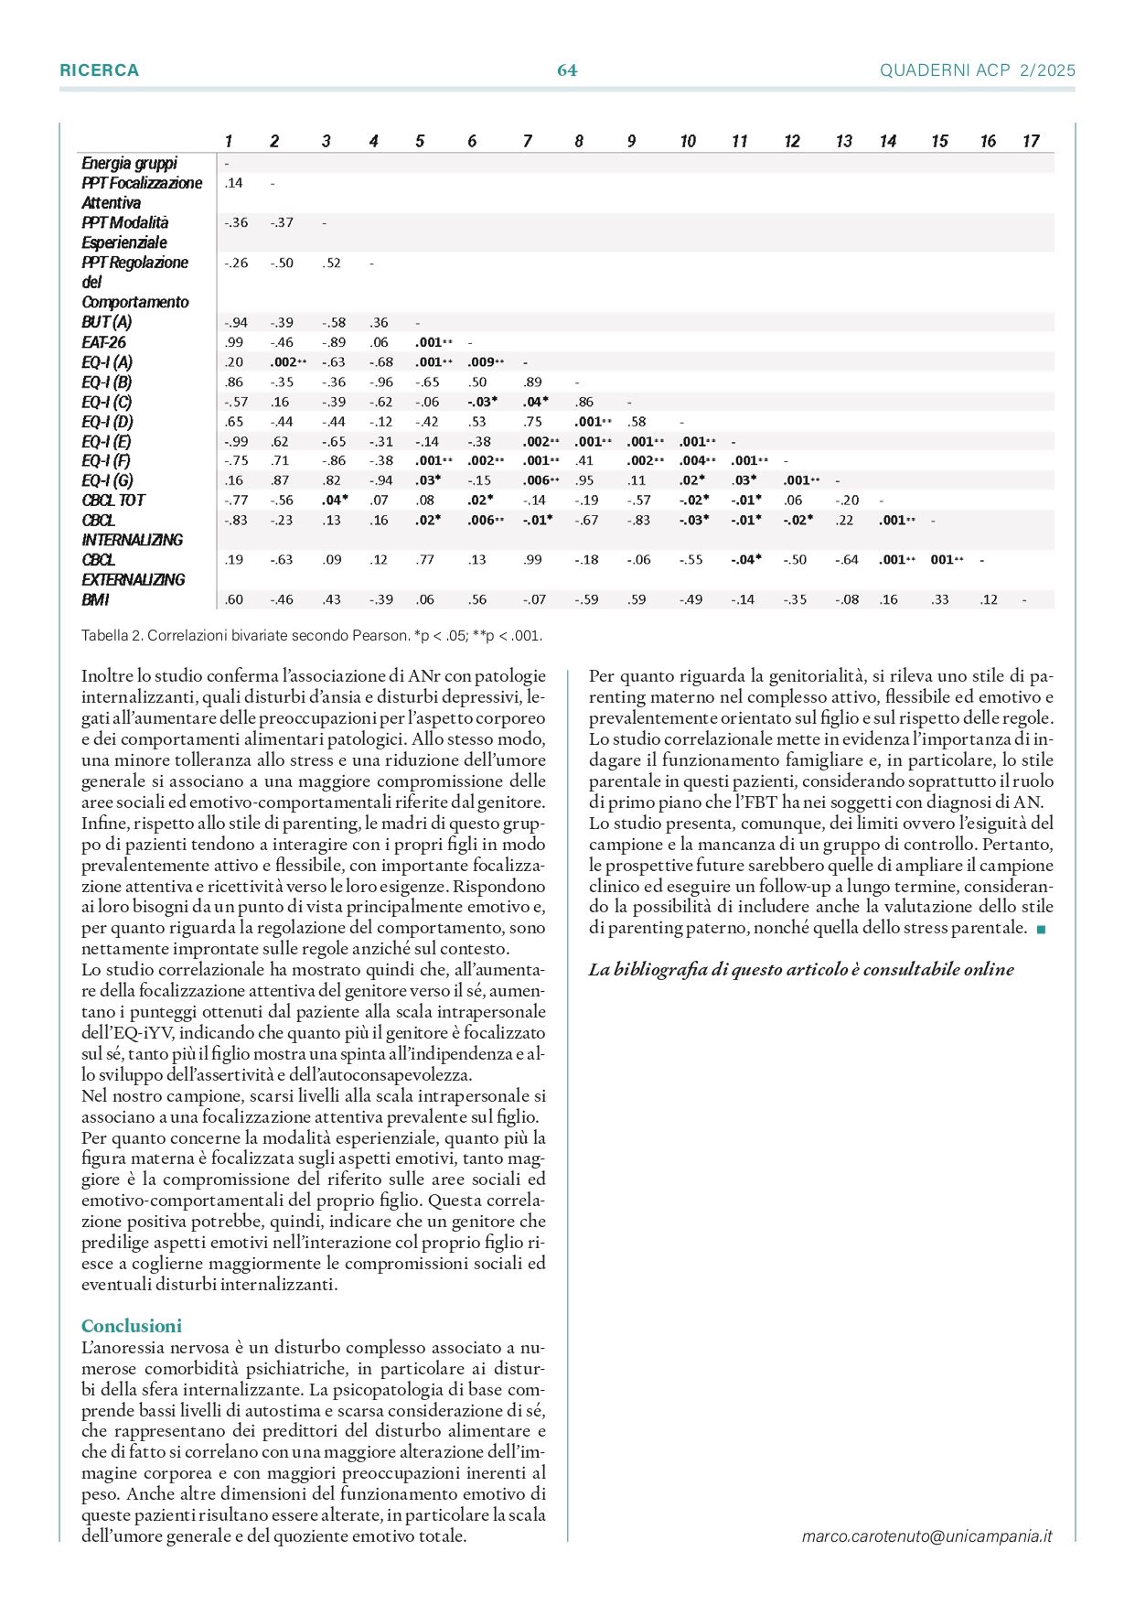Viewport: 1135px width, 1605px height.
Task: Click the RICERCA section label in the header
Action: pyautogui.click(x=99, y=70)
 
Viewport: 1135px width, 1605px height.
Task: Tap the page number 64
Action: pyautogui.click(x=567, y=70)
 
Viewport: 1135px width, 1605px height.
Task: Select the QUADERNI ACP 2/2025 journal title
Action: pyautogui.click(x=977, y=70)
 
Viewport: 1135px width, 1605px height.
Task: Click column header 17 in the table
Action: pyautogui.click(x=1031, y=141)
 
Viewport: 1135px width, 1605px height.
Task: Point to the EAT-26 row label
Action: pyautogui.click(x=103, y=342)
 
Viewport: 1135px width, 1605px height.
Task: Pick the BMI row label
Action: pyautogui.click(x=95, y=600)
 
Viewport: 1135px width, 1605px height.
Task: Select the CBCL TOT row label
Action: pyautogui.click(x=113, y=501)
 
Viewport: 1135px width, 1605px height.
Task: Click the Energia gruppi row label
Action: pyautogui.click(x=129, y=163)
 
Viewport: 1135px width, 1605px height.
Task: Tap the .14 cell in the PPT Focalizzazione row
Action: pyautogui.click(x=233, y=183)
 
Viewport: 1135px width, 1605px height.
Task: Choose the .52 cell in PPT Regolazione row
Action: pyautogui.click(x=331, y=263)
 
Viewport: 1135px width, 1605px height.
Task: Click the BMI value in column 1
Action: pyautogui.click(x=233, y=600)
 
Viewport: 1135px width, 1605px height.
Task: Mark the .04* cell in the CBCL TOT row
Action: pyautogui.click(x=335, y=501)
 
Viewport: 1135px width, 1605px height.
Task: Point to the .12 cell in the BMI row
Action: pyautogui.click(x=988, y=600)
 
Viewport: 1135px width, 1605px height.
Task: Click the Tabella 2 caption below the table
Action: pyautogui.click(x=311, y=635)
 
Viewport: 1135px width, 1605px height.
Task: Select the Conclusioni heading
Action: pyautogui.click(x=132, y=1326)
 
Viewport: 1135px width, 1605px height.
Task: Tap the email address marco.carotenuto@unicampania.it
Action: pyautogui.click(x=926, y=1536)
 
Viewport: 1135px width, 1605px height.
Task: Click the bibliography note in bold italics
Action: pyautogui.click(x=801, y=970)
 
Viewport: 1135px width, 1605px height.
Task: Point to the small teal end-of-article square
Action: pyautogui.click(x=1041, y=930)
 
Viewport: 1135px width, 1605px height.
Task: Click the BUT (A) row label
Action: pyautogui.click(x=106, y=322)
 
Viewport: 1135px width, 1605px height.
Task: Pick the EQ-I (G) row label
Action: pyautogui.click(x=107, y=480)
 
